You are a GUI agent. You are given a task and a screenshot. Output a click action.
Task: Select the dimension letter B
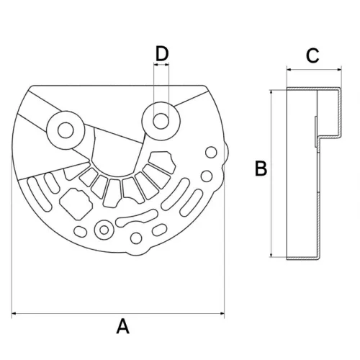[261, 169]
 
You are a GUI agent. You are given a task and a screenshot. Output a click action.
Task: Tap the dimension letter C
[312, 56]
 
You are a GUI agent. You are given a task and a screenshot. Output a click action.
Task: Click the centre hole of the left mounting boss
[63, 130]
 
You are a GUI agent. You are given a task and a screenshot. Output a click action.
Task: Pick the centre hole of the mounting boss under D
[161, 118]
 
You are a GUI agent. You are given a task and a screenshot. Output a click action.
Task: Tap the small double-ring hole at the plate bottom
[105, 230]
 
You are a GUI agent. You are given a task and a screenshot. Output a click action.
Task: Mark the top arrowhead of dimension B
[271, 92]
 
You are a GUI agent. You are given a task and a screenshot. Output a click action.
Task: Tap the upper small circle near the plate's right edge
[211, 153]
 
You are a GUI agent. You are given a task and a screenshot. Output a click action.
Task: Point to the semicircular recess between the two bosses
[115, 155]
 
